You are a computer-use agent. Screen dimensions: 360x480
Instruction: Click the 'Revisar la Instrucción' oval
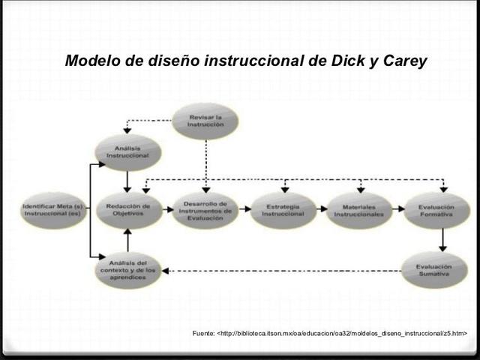[x=205, y=121]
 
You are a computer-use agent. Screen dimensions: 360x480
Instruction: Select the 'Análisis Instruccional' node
[x=127, y=152]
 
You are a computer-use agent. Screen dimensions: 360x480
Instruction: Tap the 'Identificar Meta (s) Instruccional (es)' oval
[x=52, y=210]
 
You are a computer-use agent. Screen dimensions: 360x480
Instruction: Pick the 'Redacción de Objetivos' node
[x=128, y=210]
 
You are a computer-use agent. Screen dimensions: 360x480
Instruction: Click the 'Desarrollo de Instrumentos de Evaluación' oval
[x=205, y=210]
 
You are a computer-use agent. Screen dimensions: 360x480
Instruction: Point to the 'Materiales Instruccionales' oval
[x=359, y=210]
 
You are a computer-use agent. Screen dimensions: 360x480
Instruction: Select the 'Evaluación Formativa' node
[x=436, y=210]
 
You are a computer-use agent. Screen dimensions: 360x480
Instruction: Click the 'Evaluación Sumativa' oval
[x=436, y=270]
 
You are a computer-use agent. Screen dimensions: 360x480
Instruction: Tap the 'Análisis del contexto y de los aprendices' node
[x=128, y=270]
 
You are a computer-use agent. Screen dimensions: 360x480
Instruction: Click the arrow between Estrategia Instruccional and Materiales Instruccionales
[x=321, y=211]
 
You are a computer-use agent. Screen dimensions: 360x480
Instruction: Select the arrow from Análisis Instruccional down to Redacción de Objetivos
[x=128, y=181]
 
